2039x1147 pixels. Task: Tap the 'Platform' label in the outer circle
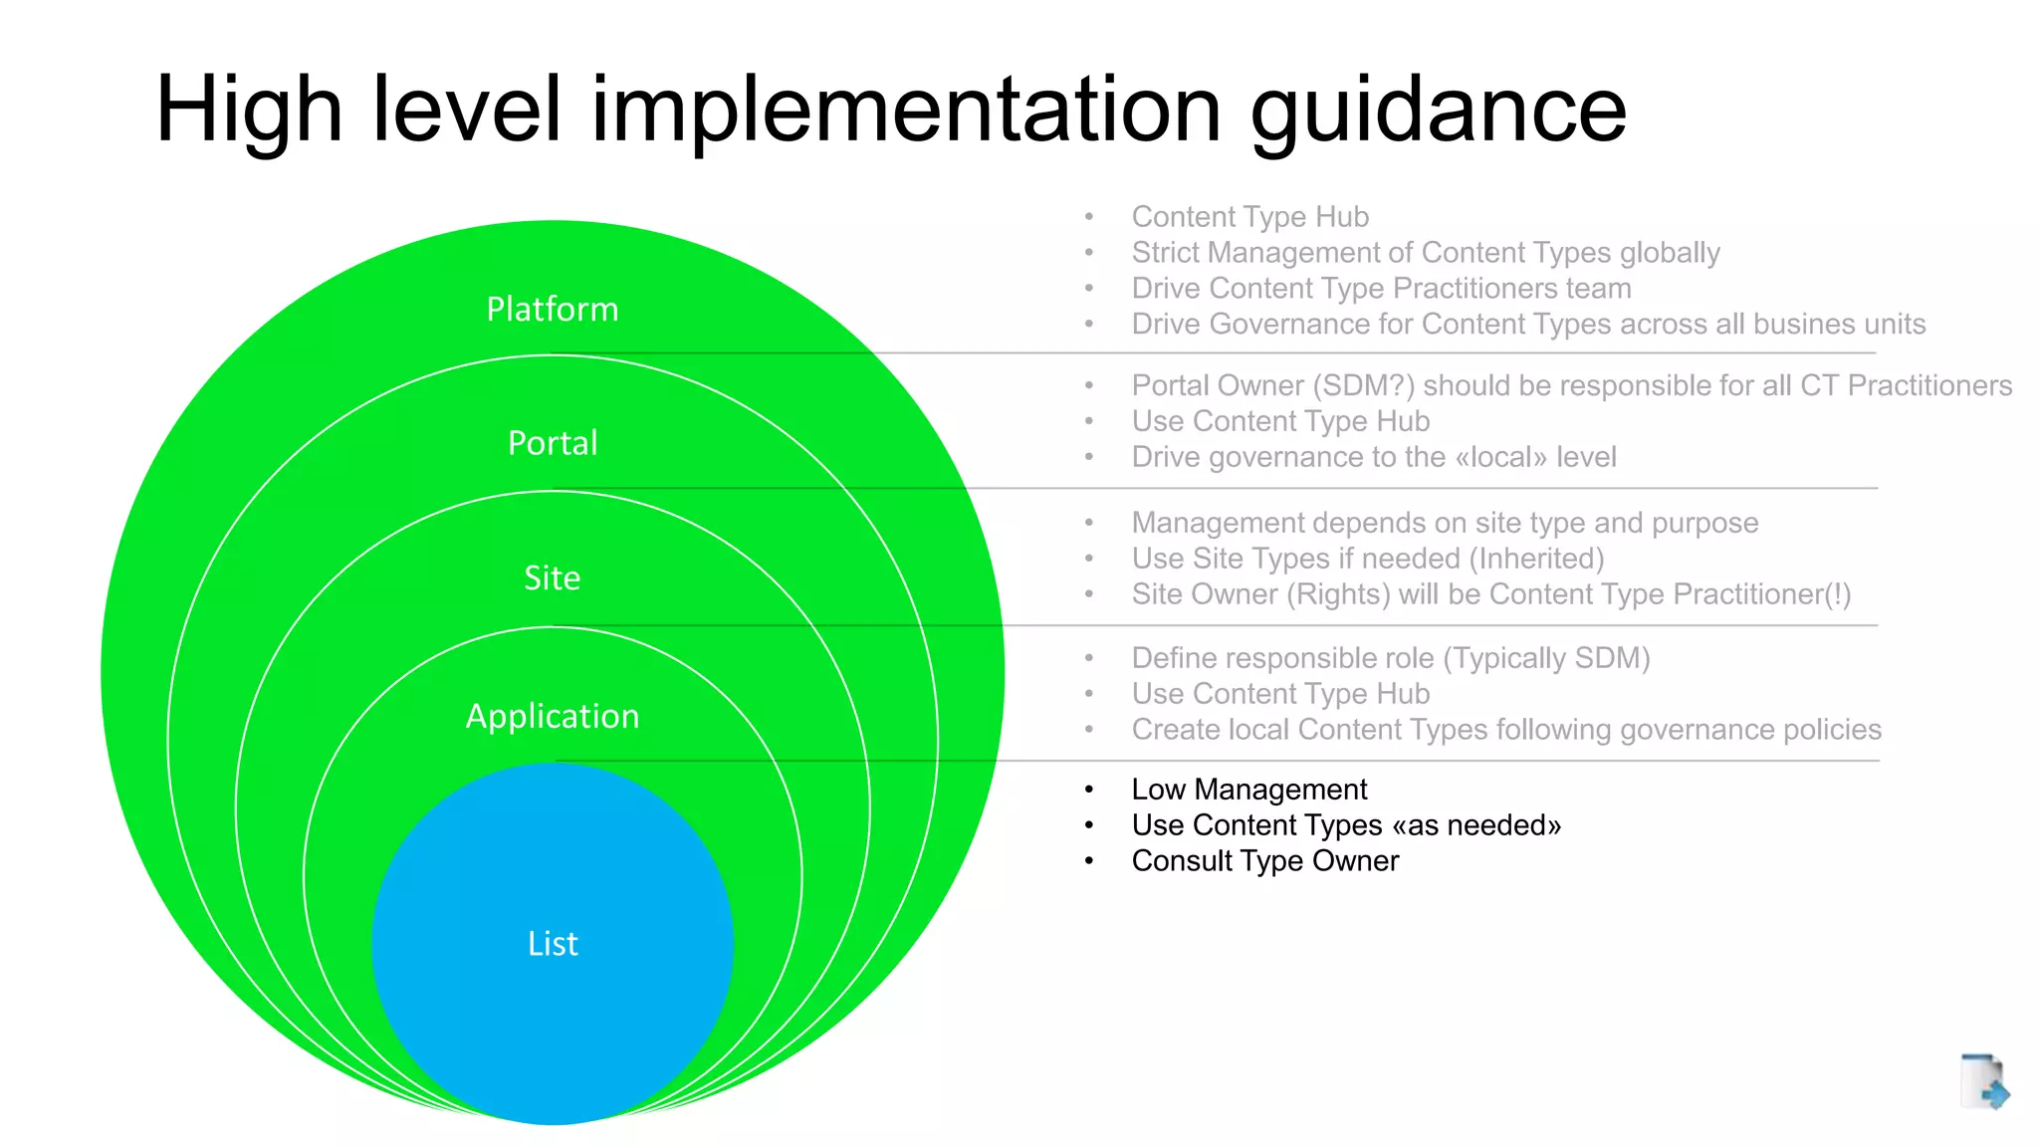point(553,310)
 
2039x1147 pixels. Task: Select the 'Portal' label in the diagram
point(553,443)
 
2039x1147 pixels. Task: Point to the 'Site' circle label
point(553,578)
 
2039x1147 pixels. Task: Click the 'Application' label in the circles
point(553,717)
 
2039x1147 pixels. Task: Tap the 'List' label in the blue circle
point(553,944)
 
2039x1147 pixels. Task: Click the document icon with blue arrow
point(1983,1081)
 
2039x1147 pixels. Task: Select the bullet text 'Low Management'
point(1248,790)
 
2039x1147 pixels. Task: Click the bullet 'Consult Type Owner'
point(1264,861)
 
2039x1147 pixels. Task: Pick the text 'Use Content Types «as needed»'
point(1346,825)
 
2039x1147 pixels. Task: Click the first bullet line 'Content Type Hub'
point(1249,217)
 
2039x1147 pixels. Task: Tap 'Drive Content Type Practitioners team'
point(1381,289)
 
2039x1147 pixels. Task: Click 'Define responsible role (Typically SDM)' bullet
point(1390,658)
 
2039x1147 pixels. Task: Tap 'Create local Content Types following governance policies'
point(1505,730)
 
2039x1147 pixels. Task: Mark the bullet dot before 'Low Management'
point(1089,790)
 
